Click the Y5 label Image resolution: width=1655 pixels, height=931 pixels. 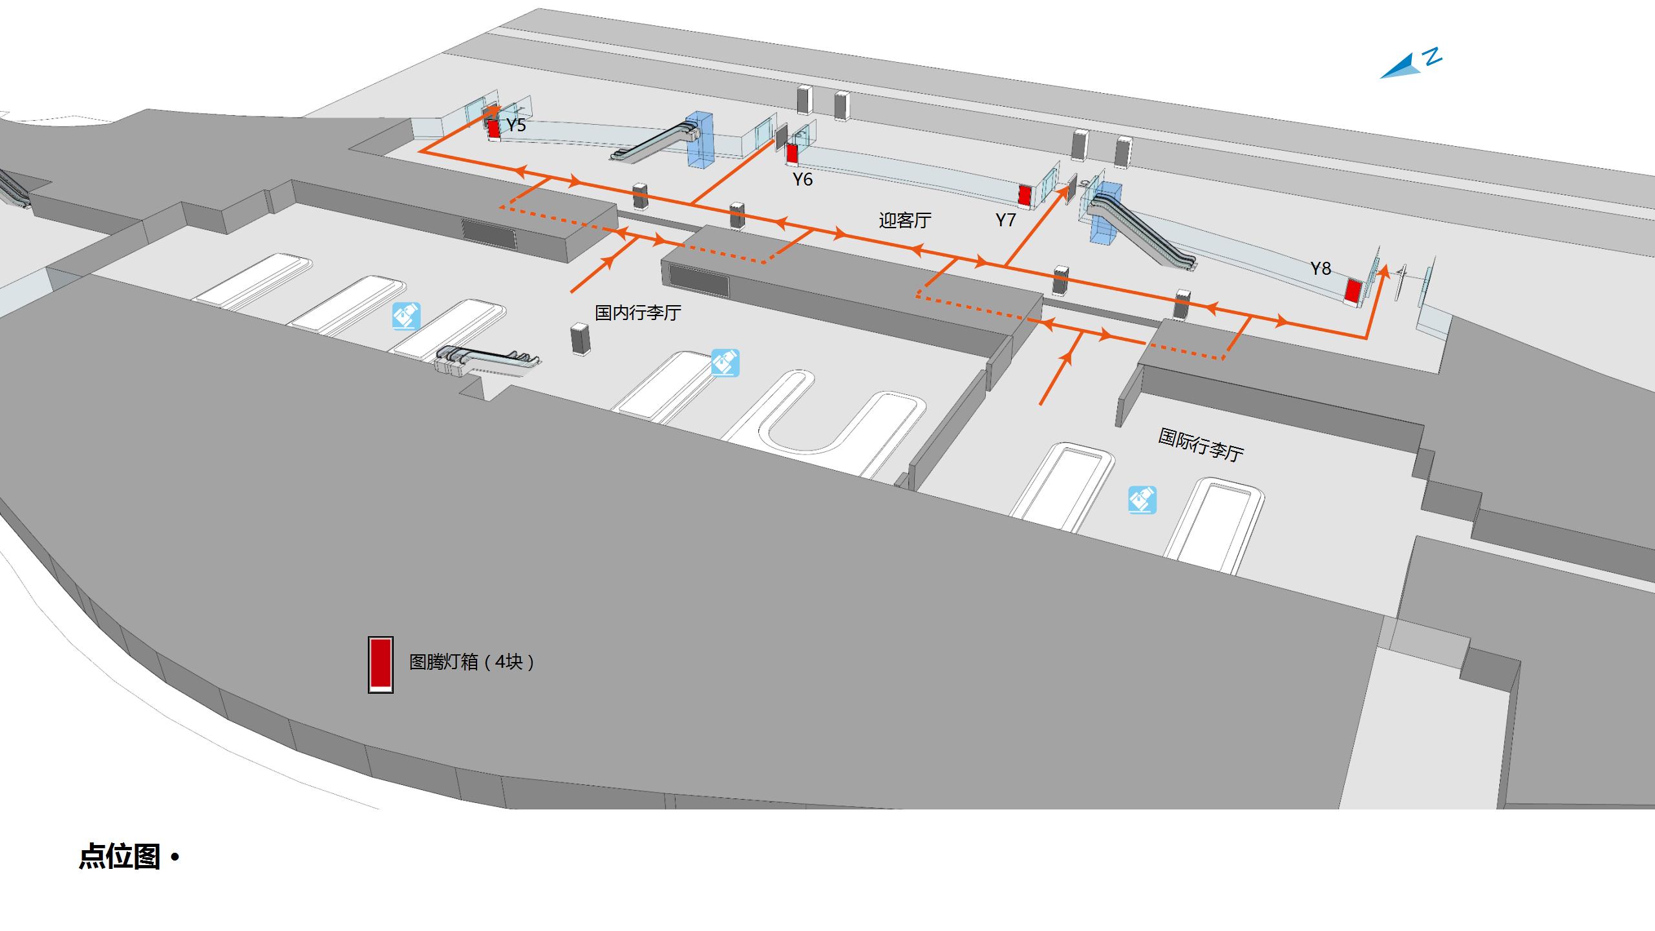pos(516,125)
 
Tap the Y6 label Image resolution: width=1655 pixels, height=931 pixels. pos(802,179)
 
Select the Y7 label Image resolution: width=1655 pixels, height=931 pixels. pos(1005,220)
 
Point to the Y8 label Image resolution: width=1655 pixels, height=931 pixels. pos(1321,268)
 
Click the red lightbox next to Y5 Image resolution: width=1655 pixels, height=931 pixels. pos(494,129)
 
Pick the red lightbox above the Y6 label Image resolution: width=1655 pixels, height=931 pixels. pos(792,153)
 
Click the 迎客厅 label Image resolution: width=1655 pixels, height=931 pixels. pos(904,220)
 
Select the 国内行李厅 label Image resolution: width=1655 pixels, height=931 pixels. pos(637,313)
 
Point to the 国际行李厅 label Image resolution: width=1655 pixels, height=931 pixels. pos(1201,445)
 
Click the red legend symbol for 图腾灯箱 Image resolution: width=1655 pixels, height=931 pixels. pos(381,664)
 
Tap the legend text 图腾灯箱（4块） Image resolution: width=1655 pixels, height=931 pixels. pos(472,662)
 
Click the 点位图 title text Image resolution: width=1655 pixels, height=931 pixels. pos(120,857)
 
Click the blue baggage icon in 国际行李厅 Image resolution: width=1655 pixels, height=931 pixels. pos(1142,500)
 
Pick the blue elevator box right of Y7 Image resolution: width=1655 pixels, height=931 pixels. pos(1106,213)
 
